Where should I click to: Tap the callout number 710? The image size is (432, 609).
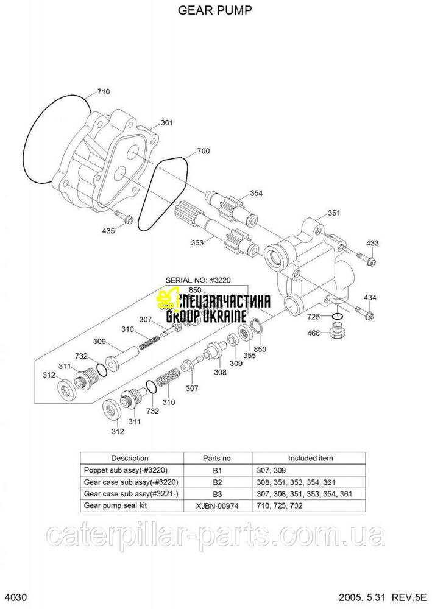pos(103,92)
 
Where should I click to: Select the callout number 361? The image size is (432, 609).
pos(166,123)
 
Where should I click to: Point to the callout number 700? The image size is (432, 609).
pos(203,150)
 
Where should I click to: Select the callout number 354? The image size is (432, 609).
pos(256,194)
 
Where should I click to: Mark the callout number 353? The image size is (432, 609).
pos(197,242)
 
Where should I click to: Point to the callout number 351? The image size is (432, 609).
pos(333,213)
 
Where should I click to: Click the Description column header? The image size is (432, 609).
pos(129,458)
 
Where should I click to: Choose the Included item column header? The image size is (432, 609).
pos(310,458)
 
